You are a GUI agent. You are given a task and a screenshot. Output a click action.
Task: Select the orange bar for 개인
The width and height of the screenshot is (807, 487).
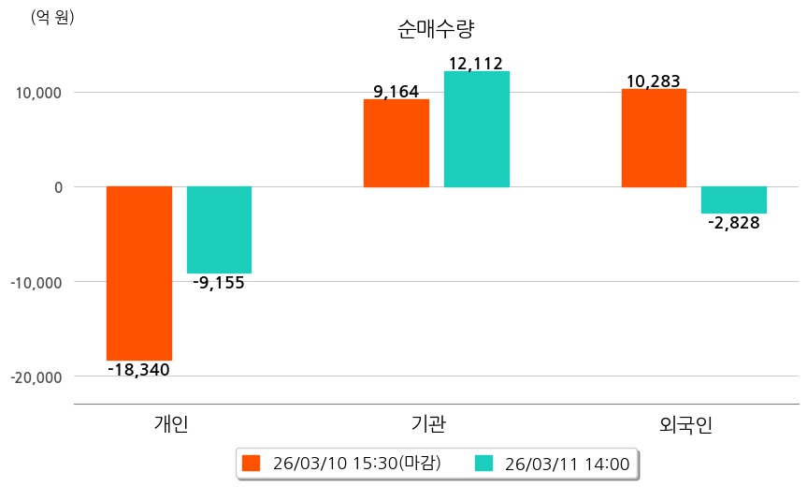pyautogui.click(x=138, y=273)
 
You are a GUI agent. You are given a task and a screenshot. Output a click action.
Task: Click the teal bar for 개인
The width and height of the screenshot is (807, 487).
pyautogui.click(x=219, y=229)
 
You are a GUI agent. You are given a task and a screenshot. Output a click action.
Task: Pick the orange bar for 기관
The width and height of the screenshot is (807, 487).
pyautogui.click(x=396, y=143)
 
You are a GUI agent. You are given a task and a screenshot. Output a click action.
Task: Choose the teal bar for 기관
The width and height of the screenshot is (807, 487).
pyautogui.click(x=476, y=129)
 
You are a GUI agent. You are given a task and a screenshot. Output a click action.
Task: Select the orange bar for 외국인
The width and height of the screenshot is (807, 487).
pyautogui.click(x=654, y=138)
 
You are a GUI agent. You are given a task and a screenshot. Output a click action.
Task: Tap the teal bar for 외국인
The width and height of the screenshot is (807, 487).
pyautogui.click(x=733, y=199)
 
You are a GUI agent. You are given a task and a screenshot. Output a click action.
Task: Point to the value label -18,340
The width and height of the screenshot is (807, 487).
pyautogui.click(x=138, y=370)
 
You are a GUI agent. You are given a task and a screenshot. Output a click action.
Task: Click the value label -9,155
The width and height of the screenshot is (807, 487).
pyautogui.click(x=219, y=283)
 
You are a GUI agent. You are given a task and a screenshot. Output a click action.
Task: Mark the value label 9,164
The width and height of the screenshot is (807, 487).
pyautogui.click(x=396, y=92)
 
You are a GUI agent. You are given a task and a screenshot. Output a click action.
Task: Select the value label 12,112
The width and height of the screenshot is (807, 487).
pyautogui.click(x=476, y=64)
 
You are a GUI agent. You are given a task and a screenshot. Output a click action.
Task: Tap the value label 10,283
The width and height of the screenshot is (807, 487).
pyautogui.click(x=653, y=81)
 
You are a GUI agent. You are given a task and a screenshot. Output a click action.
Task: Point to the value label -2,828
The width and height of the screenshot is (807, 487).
pyautogui.click(x=733, y=223)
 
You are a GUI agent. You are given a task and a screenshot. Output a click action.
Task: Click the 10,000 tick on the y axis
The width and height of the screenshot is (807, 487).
pyautogui.click(x=36, y=93)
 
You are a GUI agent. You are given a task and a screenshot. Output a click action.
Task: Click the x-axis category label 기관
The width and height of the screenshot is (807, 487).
pyautogui.click(x=428, y=424)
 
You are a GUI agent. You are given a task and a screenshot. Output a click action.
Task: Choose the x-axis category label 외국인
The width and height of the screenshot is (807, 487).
pyautogui.click(x=685, y=424)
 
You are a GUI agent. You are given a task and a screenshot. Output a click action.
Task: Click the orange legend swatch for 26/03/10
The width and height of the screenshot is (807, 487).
pyautogui.click(x=250, y=463)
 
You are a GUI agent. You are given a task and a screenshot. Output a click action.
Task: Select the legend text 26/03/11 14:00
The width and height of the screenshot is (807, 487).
pyautogui.click(x=567, y=463)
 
